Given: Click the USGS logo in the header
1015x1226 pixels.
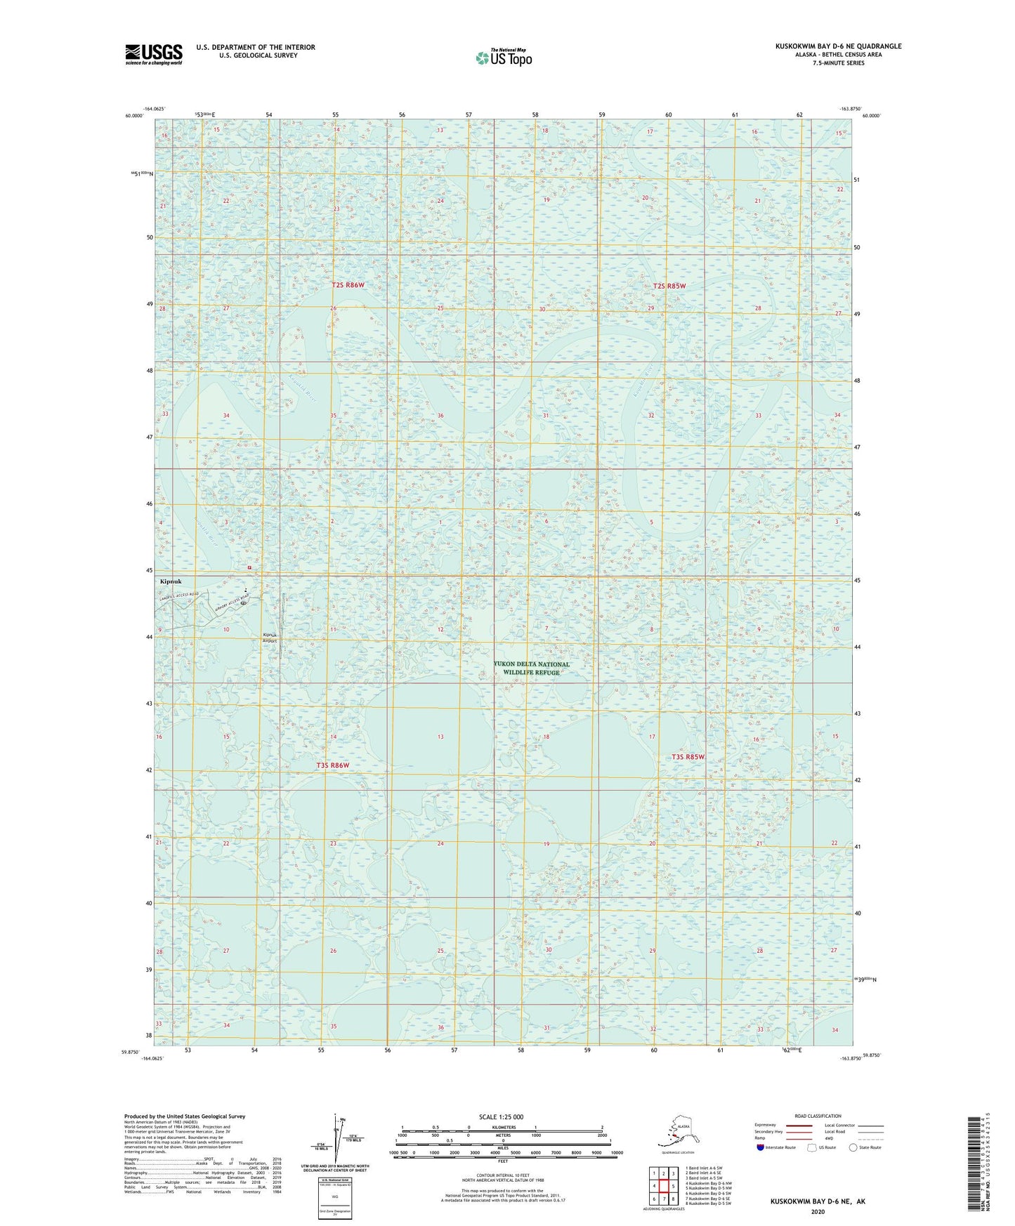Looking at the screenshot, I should pos(154,54).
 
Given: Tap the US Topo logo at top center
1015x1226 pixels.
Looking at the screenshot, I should pos(504,58).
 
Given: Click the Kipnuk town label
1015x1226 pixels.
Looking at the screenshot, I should pos(171,581).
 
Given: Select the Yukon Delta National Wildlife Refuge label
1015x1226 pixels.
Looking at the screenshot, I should pos(531,668).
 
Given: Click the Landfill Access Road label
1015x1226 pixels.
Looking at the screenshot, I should pos(180,596).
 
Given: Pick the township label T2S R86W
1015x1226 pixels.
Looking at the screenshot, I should pos(348,285).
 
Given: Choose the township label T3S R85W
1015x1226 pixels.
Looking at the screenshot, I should pos(688,757).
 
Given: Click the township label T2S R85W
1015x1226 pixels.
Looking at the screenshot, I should pos(669,286).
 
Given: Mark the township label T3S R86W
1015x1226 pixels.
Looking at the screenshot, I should pos(332,765).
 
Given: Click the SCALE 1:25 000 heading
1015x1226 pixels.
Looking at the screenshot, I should pos(501,1116).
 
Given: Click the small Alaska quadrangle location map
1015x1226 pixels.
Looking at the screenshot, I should pos(676,1132).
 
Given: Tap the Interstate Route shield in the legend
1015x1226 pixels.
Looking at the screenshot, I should pos(760,1147).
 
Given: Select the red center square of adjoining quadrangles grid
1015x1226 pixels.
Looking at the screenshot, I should pos(662,1187).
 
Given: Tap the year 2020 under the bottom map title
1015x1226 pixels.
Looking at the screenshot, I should pos(818,1211).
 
